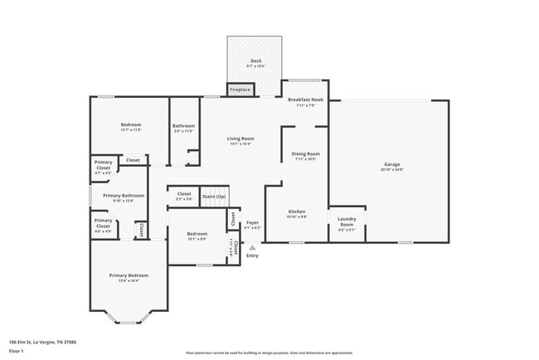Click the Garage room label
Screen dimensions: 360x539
(x=392, y=166)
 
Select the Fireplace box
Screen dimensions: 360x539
(x=240, y=89)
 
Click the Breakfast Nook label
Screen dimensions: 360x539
(x=301, y=102)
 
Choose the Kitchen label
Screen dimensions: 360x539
(x=297, y=214)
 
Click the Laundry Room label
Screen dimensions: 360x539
(x=346, y=222)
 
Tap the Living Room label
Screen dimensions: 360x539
(x=241, y=140)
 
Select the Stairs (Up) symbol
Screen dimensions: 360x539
(x=215, y=197)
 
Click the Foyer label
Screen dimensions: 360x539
(x=252, y=224)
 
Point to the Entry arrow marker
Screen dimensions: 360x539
(x=252, y=246)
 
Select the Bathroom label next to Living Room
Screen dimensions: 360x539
(x=183, y=128)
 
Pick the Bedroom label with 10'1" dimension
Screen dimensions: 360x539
(x=197, y=236)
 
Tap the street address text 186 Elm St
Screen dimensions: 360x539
(x=42, y=342)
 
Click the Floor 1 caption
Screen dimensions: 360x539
(x=16, y=351)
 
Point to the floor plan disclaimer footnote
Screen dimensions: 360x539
(x=269, y=352)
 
